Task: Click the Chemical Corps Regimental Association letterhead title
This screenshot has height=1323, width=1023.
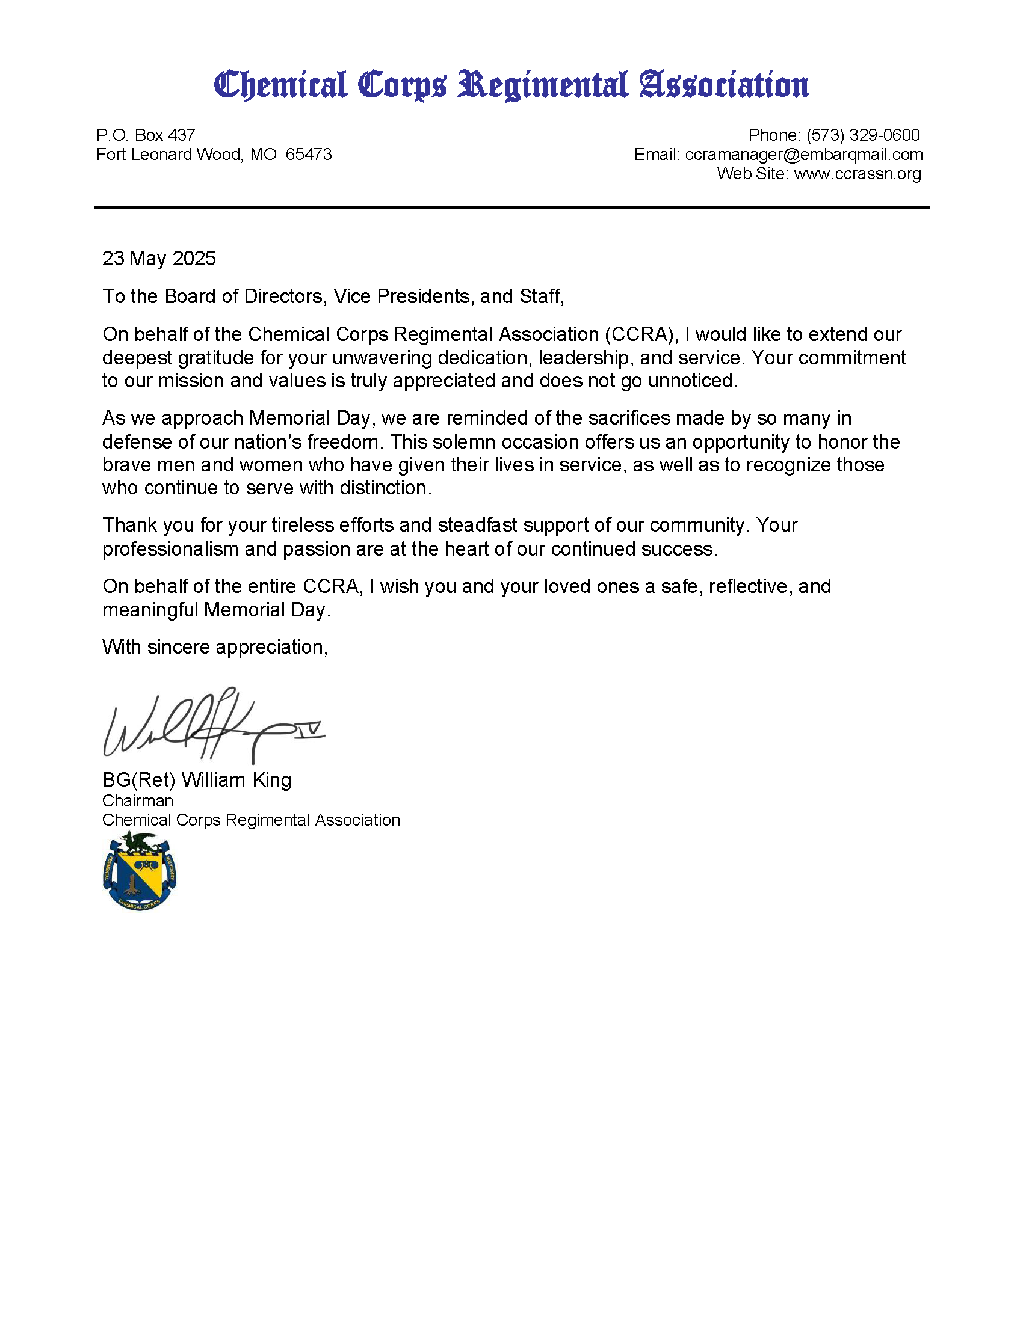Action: click(511, 85)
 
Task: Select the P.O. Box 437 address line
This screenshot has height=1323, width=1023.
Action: click(146, 135)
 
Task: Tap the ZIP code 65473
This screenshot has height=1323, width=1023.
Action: click(309, 155)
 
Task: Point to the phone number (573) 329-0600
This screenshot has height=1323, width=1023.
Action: click(863, 135)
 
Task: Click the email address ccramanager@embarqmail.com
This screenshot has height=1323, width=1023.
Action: click(803, 155)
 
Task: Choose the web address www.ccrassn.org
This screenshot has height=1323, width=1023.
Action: click(857, 174)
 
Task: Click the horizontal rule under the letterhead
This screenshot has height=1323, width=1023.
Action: click(511, 208)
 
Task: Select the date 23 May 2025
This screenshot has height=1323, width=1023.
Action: click(159, 259)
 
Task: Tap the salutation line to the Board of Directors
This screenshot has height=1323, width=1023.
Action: click(333, 296)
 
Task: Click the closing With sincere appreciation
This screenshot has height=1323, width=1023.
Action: click(215, 647)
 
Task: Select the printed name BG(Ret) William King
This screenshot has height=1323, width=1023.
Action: click(197, 779)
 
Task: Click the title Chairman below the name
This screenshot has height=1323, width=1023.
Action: click(138, 801)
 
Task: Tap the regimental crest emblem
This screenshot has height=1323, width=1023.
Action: click(140, 871)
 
